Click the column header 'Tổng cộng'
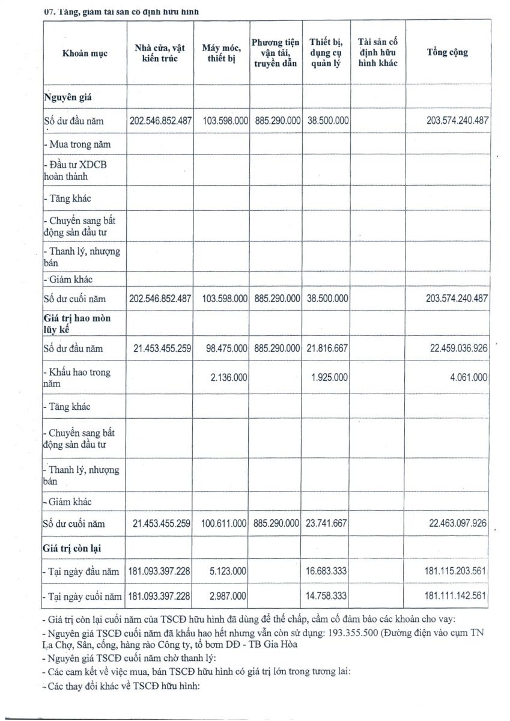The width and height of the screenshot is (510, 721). tap(447, 52)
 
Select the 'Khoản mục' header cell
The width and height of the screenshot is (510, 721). tap(85, 53)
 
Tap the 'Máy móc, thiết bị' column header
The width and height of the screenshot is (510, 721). tap(222, 53)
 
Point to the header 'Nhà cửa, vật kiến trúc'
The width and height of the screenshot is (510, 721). tap(160, 53)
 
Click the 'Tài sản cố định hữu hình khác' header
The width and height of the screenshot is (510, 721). tap(378, 52)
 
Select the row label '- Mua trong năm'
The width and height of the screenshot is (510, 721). tap(77, 144)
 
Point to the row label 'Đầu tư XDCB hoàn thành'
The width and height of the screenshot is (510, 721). tap(75, 171)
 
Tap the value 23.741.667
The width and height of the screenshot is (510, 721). tap(327, 523)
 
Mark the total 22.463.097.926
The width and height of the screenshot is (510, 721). tap(458, 523)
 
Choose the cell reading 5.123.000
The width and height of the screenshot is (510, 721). tap(229, 571)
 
